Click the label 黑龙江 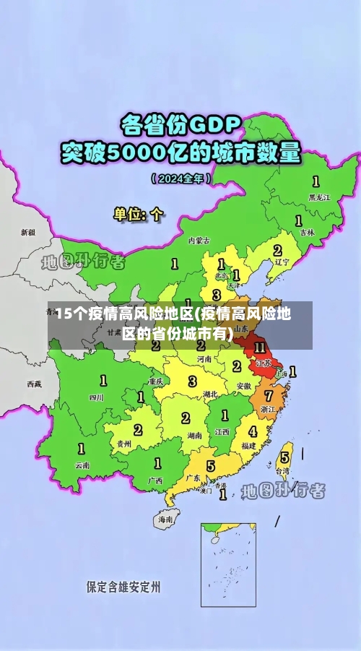(x=318, y=197)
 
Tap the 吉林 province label (x=307, y=233)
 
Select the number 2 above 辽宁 (x=277, y=250)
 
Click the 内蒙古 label (x=199, y=240)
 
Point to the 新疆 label (x=27, y=233)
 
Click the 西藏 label (x=34, y=384)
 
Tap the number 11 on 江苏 (x=260, y=348)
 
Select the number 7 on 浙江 (x=269, y=396)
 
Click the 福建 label (x=249, y=446)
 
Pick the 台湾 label (x=284, y=470)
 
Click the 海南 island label (x=165, y=519)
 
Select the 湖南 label (x=194, y=436)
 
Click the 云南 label (x=82, y=465)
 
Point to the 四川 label (x=97, y=397)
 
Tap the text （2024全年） (x=181, y=178)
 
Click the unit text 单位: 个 (x=139, y=214)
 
